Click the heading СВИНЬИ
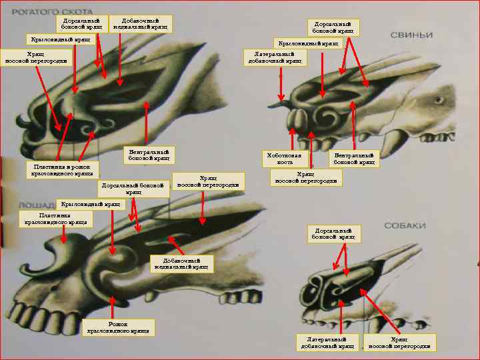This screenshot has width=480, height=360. click(411, 35)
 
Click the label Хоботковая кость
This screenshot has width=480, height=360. click(285, 159)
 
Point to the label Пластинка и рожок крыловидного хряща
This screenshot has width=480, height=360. click(65, 169)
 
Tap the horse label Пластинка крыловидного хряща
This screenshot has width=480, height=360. click(55, 219)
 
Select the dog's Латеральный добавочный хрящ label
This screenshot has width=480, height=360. click(327, 342)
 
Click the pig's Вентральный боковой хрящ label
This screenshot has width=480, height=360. click(355, 159)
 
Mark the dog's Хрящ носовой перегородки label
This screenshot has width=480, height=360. click(403, 342)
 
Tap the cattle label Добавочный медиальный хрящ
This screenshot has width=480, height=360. click(140, 24)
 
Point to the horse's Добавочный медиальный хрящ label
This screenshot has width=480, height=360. click(181, 263)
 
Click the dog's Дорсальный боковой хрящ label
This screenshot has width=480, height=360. click(336, 233)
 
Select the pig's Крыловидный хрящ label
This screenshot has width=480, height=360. click(308, 43)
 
